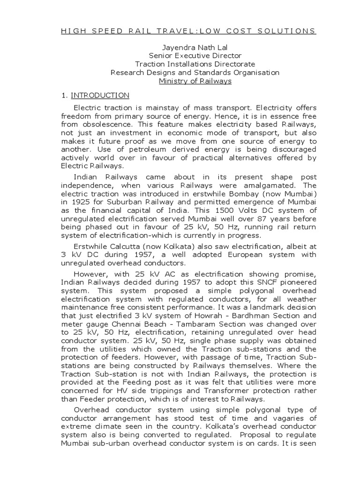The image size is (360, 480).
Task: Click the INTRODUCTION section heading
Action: tap(100, 96)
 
